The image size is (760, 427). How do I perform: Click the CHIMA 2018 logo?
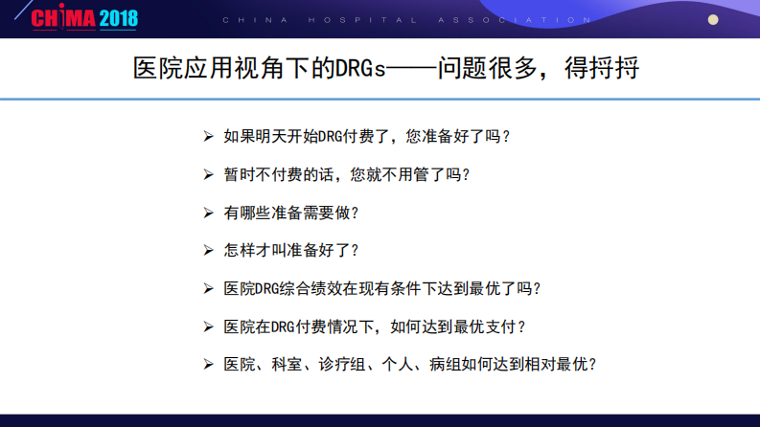[x=84, y=17]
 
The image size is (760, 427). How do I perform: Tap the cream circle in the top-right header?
[x=713, y=19]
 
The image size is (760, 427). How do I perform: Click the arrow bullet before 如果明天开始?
[x=209, y=136]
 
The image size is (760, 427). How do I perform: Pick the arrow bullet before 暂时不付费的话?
[x=209, y=174]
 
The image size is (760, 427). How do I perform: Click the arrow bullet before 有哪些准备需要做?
[x=209, y=212]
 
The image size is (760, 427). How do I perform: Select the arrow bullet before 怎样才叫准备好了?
[x=209, y=250]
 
